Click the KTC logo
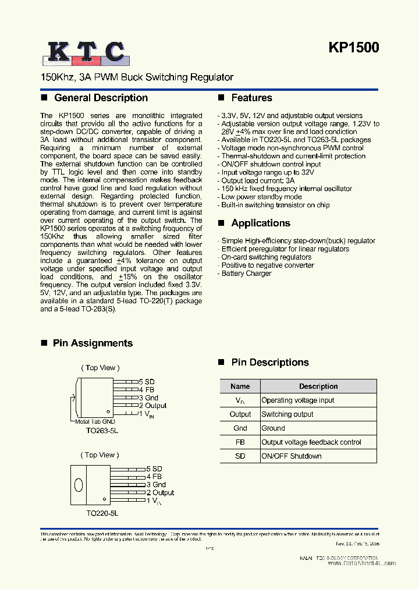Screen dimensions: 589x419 pyautogui.click(x=85, y=52)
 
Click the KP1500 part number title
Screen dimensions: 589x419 pyautogui.click(x=354, y=48)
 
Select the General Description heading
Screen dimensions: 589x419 pyautogui.click(x=101, y=98)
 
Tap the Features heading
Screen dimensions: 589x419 pyautogui.click(x=251, y=98)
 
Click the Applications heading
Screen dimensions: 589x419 pyautogui.click(x=260, y=223)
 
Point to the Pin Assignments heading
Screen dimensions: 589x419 pyautogui.click(x=93, y=343)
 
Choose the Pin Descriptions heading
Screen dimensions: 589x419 pyautogui.click(x=269, y=363)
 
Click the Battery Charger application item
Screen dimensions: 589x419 pyautogui.click(x=246, y=274)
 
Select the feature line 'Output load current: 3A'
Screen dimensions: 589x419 pyautogui.click(x=258, y=180)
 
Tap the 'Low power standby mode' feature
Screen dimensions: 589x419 pyautogui.click(x=261, y=197)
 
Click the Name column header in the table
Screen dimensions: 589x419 pyautogui.click(x=240, y=386)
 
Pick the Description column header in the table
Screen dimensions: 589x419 pyautogui.click(x=318, y=386)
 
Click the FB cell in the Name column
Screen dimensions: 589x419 pyautogui.click(x=240, y=442)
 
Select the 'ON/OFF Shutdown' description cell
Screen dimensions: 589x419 pyautogui.click(x=291, y=456)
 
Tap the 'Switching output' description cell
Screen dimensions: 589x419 pyautogui.click(x=287, y=414)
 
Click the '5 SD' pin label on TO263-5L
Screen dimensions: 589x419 pyautogui.click(x=146, y=382)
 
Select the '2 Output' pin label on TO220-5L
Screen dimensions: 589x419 pyautogui.click(x=160, y=492)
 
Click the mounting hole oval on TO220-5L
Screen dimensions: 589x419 pyautogui.click(x=79, y=484)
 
